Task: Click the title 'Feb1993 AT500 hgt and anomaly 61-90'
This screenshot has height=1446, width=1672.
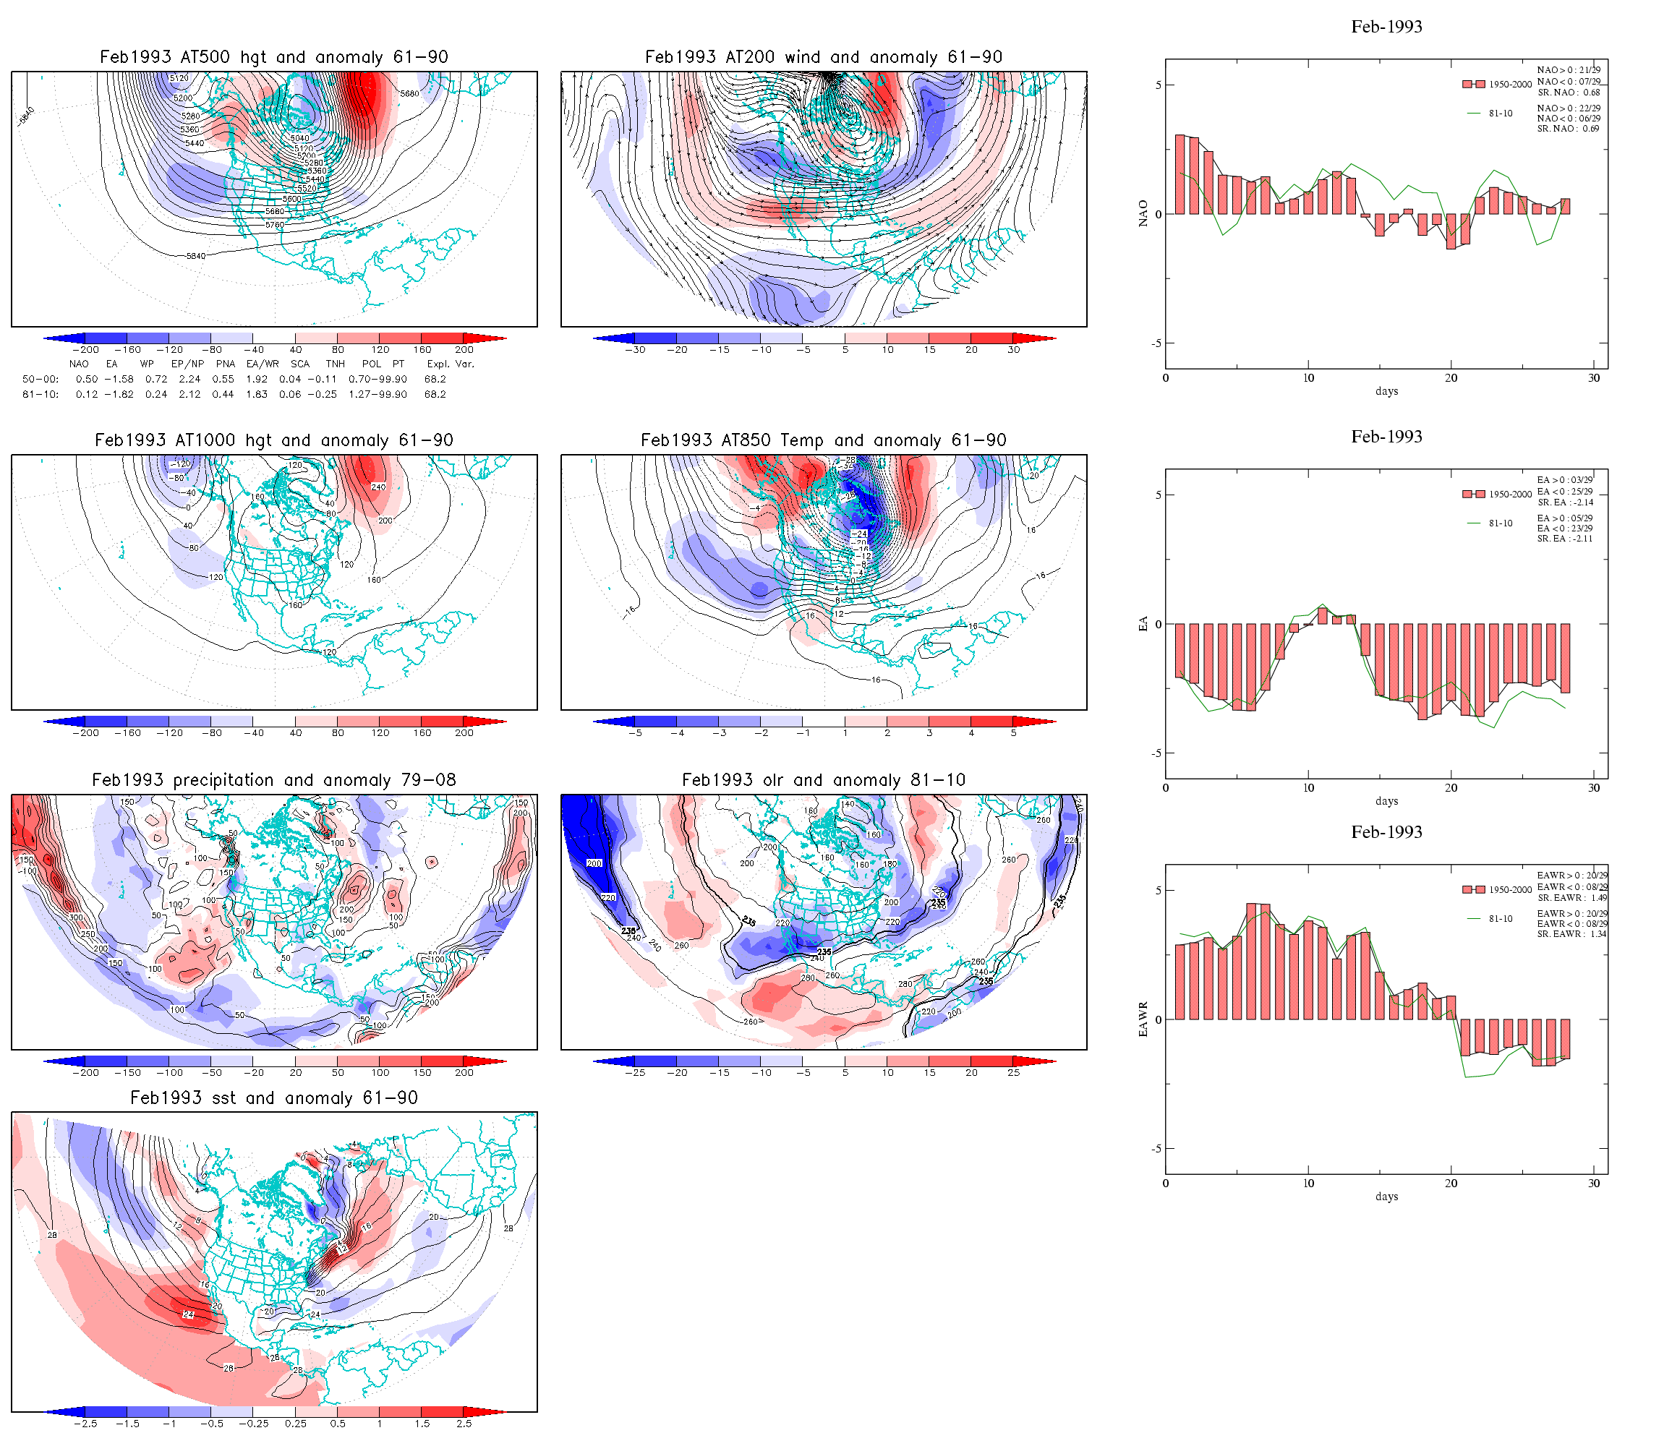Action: point(273,57)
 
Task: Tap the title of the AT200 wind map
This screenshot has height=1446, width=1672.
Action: point(823,57)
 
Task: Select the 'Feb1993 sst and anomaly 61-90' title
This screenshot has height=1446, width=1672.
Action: point(273,1098)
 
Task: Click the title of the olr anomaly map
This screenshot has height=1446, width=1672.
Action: point(823,780)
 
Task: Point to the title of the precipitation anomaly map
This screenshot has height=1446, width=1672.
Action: point(273,780)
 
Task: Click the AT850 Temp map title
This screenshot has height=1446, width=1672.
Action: point(823,440)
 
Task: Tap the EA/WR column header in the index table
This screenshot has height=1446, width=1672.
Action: point(263,364)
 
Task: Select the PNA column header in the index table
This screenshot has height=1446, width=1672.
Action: point(225,364)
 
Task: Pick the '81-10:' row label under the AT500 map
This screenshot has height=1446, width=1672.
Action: point(40,395)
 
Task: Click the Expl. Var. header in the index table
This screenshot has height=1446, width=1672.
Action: point(451,364)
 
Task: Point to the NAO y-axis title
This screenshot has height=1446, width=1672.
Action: point(1143,214)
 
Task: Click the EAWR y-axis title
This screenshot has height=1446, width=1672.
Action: point(1143,1020)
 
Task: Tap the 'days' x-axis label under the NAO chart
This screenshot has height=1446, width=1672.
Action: point(1386,391)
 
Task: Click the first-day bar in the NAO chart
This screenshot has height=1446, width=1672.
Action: point(1180,174)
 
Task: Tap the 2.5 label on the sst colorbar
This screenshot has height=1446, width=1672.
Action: point(464,1424)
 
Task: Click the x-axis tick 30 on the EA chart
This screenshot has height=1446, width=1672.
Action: point(1594,788)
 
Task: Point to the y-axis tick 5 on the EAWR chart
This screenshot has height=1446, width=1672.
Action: point(1159,891)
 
